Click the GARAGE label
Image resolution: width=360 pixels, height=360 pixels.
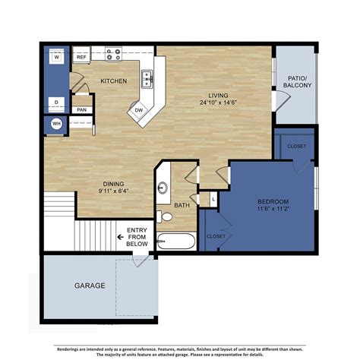(x=89, y=287)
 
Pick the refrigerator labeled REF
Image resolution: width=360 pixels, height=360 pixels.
(x=81, y=56)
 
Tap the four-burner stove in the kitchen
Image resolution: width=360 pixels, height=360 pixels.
(x=113, y=55)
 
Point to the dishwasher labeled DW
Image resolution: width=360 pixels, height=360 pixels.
(x=139, y=110)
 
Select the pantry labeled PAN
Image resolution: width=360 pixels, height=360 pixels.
(x=81, y=110)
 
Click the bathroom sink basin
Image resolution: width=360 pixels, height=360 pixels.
(x=162, y=189)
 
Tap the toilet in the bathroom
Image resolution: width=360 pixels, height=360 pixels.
(x=166, y=217)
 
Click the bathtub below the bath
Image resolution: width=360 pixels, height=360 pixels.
(x=177, y=242)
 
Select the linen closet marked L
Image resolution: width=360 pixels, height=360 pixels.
(x=214, y=199)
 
